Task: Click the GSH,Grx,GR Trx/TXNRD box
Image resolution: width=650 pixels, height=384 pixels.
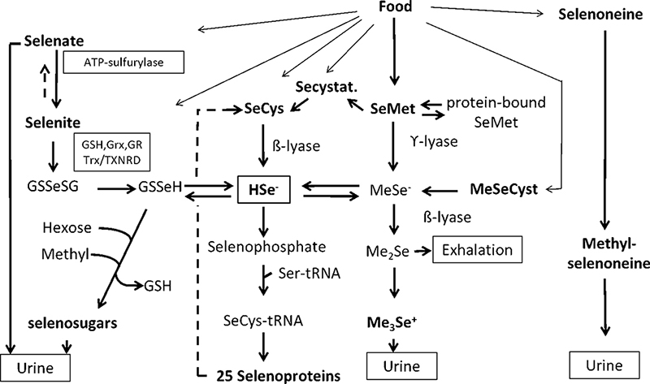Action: (x=112, y=151)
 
